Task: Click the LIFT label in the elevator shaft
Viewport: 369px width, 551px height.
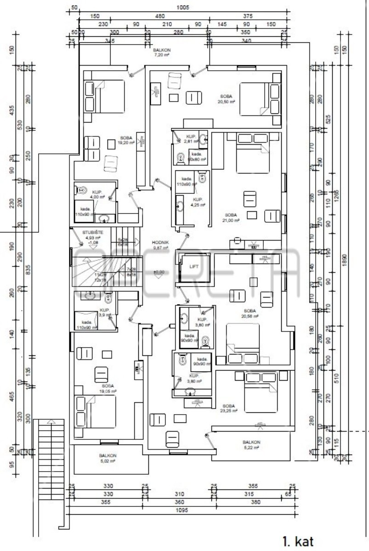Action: coord(194,266)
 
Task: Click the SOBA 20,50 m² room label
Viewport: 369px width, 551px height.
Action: coord(226,99)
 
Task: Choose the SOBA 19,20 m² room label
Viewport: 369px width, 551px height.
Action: coord(126,140)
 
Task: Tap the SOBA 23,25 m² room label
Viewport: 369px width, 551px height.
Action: coord(229,408)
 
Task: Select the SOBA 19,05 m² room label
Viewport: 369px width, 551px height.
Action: coord(108,388)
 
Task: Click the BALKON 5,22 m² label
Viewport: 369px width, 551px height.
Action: coord(251,445)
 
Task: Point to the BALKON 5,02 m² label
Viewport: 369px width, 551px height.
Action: coord(108,458)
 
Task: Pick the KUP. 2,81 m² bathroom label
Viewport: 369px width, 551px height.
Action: coord(191,139)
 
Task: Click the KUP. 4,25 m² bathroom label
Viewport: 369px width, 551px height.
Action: coord(198,202)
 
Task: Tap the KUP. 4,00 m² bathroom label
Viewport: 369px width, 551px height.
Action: coord(97,194)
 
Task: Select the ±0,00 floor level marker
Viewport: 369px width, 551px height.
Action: coord(159,272)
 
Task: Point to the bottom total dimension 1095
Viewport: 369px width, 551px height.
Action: coord(182,510)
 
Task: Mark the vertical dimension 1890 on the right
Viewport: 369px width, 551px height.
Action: coord(345,259)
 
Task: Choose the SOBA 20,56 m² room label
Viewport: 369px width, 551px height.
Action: coord(250,314)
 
